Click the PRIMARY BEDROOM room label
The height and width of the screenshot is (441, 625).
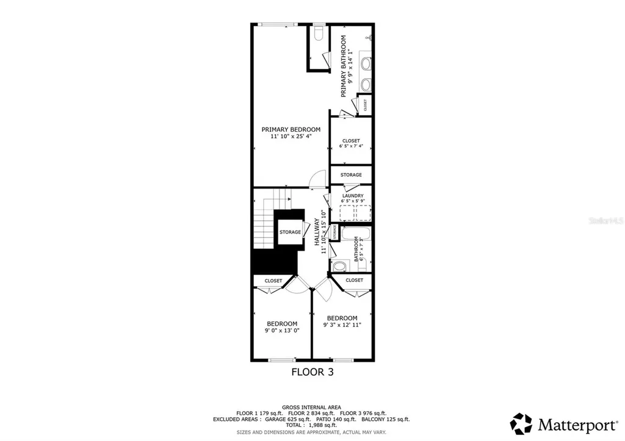291,129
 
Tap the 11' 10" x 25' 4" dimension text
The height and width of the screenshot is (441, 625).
291,137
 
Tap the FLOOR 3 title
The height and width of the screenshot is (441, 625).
312,371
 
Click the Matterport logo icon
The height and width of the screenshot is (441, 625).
521,423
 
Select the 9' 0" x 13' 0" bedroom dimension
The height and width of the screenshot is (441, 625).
282,331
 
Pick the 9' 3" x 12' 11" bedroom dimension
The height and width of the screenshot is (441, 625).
342,325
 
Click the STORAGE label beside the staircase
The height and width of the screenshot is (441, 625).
290,232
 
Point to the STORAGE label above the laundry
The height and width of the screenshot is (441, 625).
351,175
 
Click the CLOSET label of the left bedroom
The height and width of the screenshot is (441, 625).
273,281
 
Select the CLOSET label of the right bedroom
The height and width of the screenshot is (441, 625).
354,280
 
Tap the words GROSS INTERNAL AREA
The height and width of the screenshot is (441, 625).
311,407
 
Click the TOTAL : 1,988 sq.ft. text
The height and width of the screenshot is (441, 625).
311,425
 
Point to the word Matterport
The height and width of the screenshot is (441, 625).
571,424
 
